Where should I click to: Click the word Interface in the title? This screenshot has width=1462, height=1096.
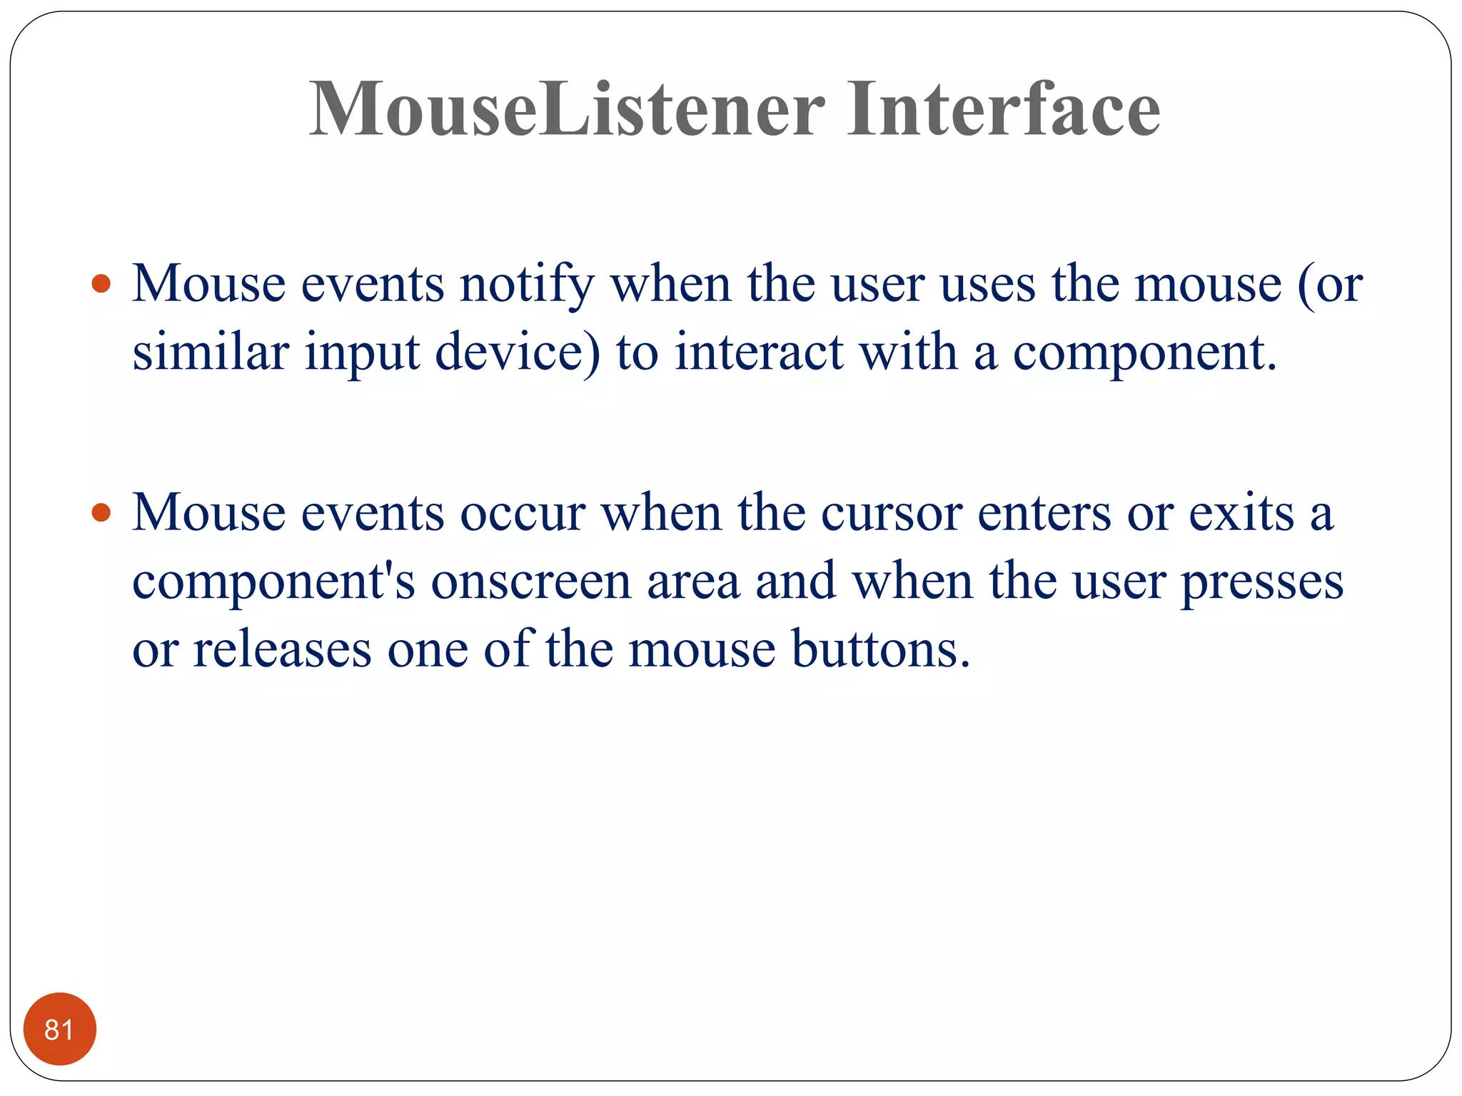tap(1003, 109)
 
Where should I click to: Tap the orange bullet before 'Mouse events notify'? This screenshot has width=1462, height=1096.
tap(102, 284)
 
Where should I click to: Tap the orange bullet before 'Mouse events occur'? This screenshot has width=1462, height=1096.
tap(102, 512)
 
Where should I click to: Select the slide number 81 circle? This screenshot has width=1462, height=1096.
tap(59, 1029)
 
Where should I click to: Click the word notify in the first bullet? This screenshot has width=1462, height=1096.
tap(526, 284)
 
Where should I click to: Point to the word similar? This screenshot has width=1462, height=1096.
tap(211, 352)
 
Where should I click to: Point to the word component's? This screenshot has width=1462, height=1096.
tap(273, 582)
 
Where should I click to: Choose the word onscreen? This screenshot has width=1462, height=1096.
tap(531, 582)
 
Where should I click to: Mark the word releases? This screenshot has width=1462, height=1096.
tap(282, 649)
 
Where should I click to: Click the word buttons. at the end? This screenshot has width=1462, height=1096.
tap(881, 649)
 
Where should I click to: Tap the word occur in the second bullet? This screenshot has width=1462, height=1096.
tap(523, 514)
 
